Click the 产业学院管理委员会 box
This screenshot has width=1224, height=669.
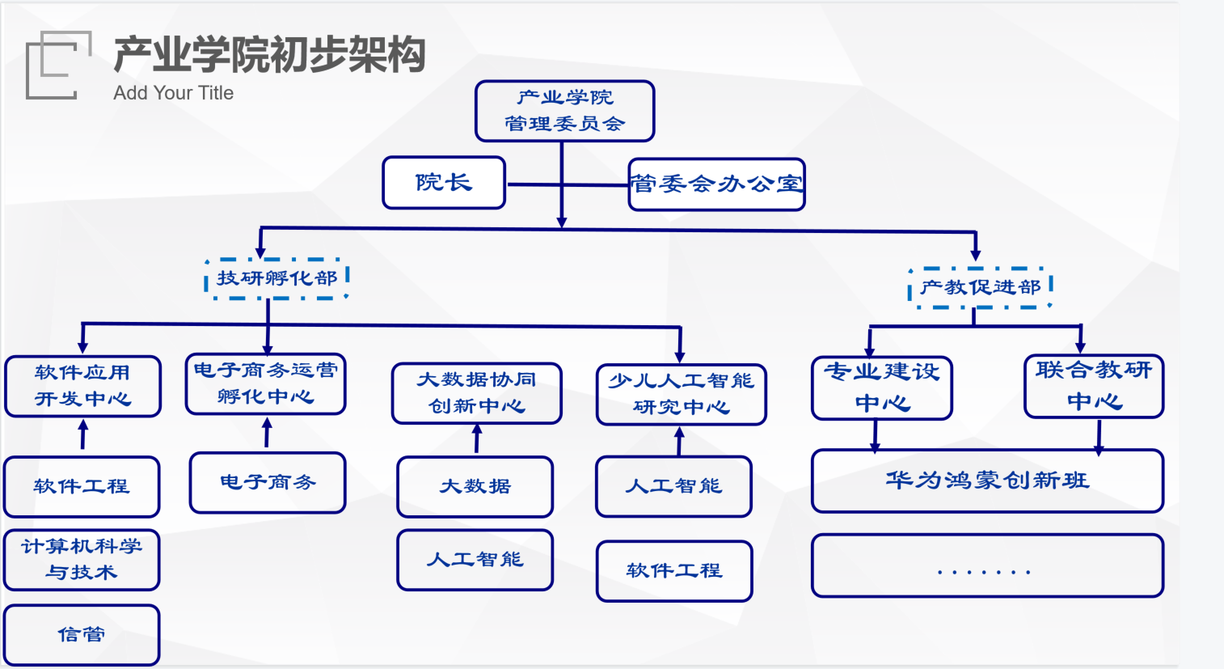[564, 111]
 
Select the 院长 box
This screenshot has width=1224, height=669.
[444, 183]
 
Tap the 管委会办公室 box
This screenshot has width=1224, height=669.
[716, 184]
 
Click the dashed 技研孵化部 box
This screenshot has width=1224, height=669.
[276, 278]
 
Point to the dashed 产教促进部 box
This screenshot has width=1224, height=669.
[980, 287]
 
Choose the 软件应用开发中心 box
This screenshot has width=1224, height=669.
[82, 386]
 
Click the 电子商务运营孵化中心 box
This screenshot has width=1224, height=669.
[265, 383]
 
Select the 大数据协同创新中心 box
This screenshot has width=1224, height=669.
[476, 393]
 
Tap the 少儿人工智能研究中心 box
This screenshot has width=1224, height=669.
[681, 394]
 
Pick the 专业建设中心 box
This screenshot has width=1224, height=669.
[881, 388]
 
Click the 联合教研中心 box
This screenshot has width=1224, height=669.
[1093, 386]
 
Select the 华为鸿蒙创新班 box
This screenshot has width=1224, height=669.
[987, 481]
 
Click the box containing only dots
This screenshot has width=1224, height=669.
[987, 565]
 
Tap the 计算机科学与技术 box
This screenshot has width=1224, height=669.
[82, 559]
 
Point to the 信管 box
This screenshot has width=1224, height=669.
[82, 635]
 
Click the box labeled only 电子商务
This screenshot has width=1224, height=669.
[268, 483]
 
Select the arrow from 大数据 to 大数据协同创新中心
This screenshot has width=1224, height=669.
[477, 440]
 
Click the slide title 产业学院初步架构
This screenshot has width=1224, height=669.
[269, 55]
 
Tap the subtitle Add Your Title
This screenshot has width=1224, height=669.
[173, 93]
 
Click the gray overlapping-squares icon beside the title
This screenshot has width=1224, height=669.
[57, 65]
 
